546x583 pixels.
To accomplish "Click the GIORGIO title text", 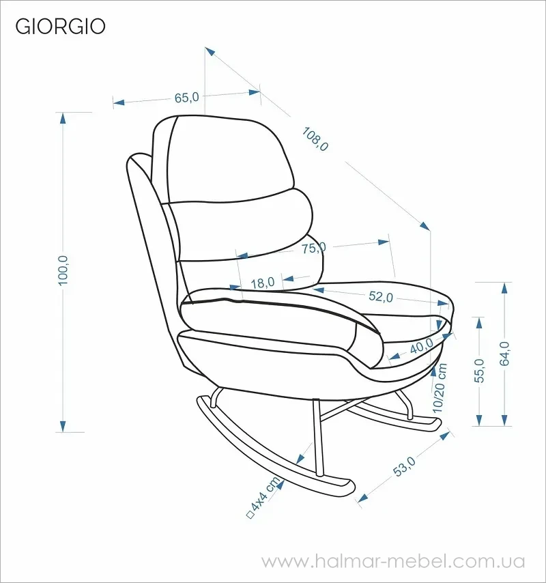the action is coord(60,27).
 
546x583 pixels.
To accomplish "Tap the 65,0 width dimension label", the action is coord(186,98).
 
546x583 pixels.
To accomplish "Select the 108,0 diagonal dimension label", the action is coord(315,139).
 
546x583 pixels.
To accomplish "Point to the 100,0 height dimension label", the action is coord(63,270).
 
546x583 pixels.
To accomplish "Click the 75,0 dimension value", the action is coord(314,248).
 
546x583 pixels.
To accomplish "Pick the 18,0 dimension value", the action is coord(262,283).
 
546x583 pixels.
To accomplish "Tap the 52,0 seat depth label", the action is coord(381,297).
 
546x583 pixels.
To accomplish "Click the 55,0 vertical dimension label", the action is coord(480,370).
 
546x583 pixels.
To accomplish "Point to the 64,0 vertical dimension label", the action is coord(504,354).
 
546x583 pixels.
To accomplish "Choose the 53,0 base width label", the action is coord(405,466).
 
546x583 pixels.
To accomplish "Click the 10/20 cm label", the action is coord(440,388).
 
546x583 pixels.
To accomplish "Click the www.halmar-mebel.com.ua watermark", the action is coord(393,561).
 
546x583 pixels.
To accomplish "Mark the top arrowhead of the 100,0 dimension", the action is coord(63,118).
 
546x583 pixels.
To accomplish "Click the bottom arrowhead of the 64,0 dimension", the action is coord(504,420).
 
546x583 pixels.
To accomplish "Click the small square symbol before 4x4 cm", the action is coord(250,515).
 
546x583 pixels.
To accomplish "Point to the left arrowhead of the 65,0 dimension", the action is coord(119,102).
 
